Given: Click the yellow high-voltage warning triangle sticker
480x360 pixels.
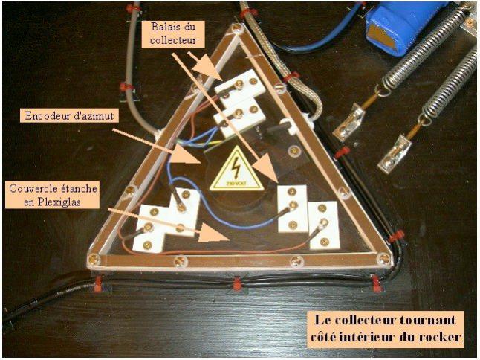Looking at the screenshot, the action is (x=236, y=172).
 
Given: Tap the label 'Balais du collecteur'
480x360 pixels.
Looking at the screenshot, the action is (x=173, y=33).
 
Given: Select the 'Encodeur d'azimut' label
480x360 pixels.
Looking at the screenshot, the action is (x=69, y=116).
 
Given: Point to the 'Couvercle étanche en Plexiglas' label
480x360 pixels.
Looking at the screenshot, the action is (x=53, y=195).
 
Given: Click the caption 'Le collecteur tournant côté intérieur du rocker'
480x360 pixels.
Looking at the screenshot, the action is (x=385, y=329).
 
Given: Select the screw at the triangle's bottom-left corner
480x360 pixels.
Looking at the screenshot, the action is (x=93, y=259).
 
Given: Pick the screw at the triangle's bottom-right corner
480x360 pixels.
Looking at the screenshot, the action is (x=383, y=259).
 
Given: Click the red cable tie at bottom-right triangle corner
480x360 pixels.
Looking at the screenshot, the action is (x=374, y=283).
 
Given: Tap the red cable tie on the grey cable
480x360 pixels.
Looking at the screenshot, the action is (x=126, y=87).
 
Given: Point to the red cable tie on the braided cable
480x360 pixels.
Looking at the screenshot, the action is (x=291, y=76).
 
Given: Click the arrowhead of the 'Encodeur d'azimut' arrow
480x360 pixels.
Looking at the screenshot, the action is (x=188, y=154).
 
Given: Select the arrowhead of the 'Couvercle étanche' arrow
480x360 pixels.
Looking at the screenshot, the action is (x=215, y=233).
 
